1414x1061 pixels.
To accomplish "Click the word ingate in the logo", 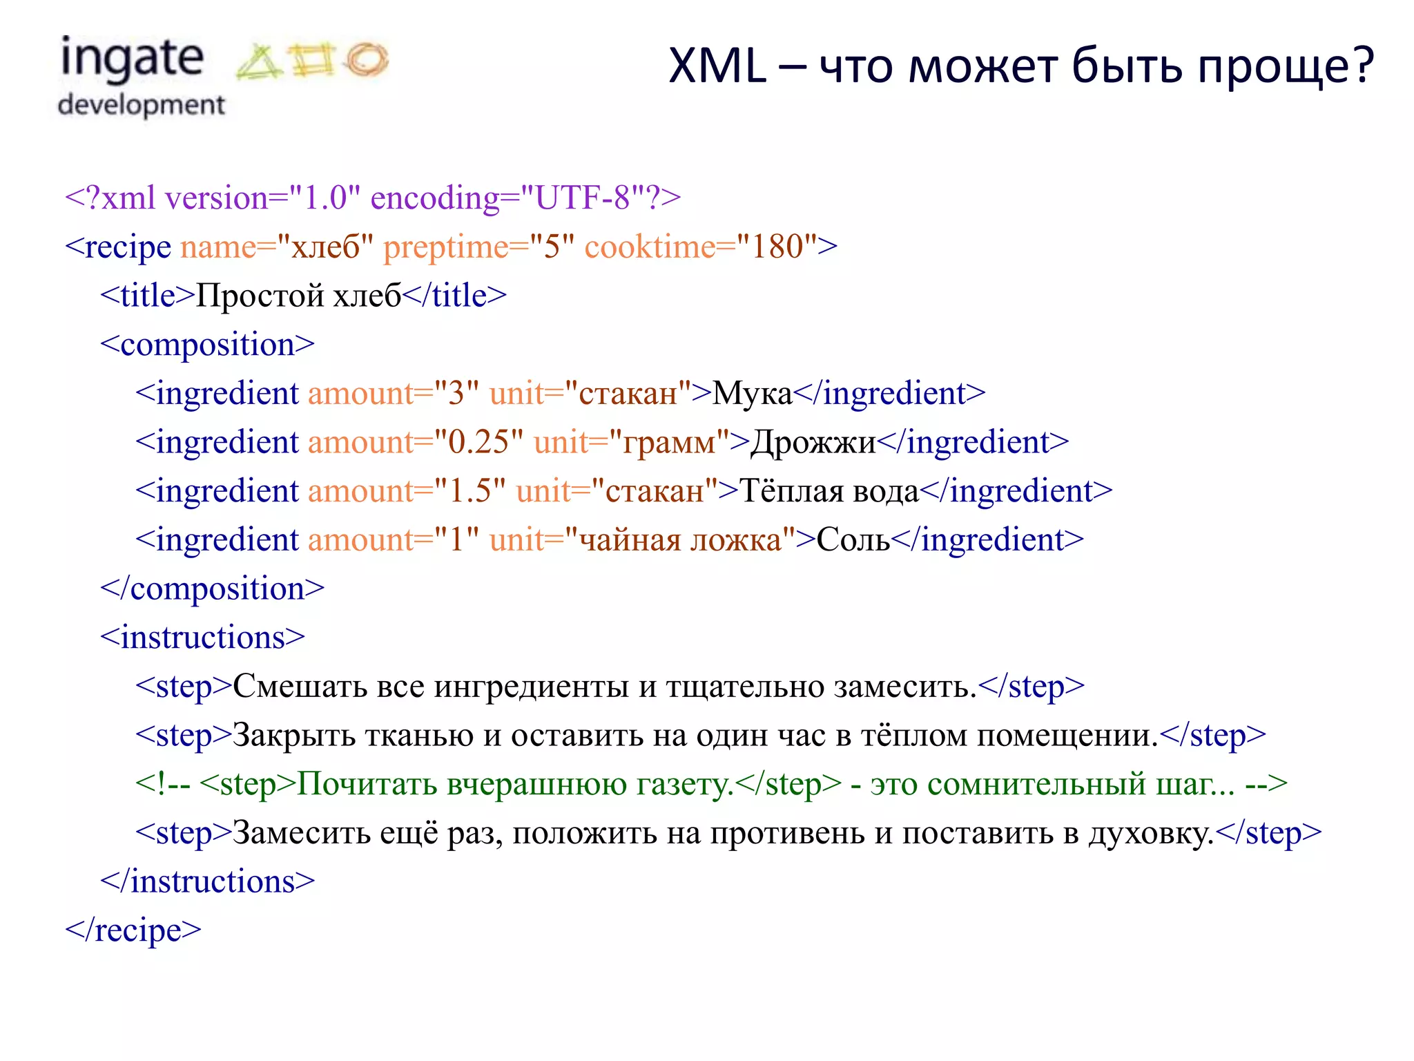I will tap(132, 59).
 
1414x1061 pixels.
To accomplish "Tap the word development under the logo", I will tap(142, 105).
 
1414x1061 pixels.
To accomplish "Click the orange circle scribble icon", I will tap(367, 59).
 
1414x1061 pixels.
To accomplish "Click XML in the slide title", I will tap(717, 67).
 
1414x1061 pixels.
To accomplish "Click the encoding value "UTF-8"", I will tap(583, 198).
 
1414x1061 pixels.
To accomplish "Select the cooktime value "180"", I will tap(777, 247).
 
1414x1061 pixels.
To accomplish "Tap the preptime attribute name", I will tap(445, 247).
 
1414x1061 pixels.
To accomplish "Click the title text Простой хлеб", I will tap(298, 296).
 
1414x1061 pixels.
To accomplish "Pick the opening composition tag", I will tap(207, 345).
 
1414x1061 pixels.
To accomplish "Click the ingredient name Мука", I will tap(752, 394).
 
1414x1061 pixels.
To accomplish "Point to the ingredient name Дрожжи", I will tap(813, 443).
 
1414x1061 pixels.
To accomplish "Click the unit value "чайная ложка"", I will tap(680, 540).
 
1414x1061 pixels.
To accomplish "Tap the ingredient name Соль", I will tap(853, 540).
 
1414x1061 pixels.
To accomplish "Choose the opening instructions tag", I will tap(202, 638).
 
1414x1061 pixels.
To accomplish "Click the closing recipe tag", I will tap(133, 930).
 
